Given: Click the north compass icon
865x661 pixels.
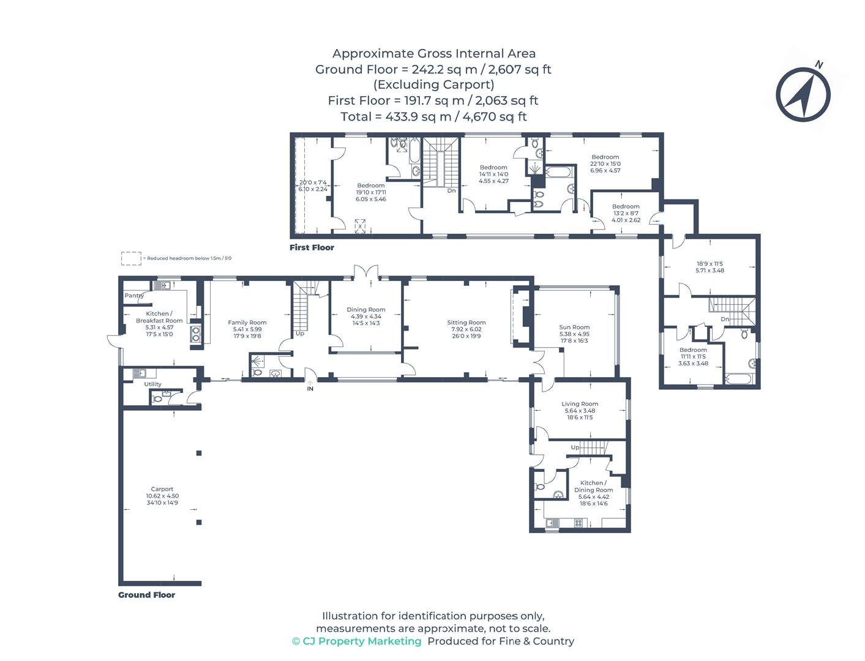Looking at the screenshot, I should (803, 95).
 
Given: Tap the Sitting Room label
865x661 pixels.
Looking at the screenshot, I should (466, 323).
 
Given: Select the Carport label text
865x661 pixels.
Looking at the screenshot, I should (162, 489).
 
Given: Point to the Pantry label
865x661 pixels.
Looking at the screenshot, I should (134, 296).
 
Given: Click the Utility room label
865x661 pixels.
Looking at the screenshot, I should (152, 384).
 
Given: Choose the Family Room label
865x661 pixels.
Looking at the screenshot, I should (247, 323).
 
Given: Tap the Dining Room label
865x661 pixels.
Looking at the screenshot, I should (366, 310).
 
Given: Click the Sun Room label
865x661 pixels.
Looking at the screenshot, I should (574, 327).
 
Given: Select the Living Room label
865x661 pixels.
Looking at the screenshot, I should (580, 404).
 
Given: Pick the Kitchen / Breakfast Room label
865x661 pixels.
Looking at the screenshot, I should (159, 317).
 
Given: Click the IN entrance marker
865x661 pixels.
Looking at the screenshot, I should (310, 388).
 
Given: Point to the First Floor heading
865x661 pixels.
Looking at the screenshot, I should (312, 248).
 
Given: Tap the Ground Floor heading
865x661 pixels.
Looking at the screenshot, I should (146, 595).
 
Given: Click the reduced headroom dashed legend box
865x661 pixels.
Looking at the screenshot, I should (131, 258).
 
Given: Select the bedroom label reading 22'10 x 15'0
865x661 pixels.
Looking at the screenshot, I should (605, 163).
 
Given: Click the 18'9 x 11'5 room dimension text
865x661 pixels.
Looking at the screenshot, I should (710, 264).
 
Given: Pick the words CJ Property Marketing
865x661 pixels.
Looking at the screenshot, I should (362, 641).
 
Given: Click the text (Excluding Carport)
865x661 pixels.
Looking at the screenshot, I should (433, 85).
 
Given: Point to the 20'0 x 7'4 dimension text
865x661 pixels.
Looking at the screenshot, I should (313, 182).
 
